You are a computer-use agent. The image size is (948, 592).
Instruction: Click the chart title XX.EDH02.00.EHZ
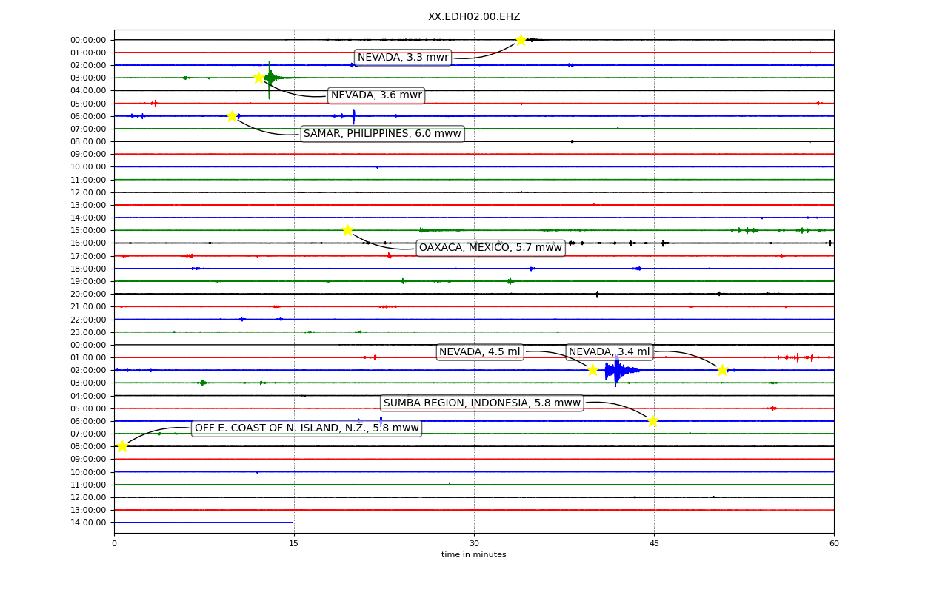pyautogui.click(x=474, y=16)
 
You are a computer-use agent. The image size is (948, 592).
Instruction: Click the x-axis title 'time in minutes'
pyautogui.click(x=473, y=554)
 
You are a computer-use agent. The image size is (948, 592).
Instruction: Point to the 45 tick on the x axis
pyautogui.click(x=654, y=534)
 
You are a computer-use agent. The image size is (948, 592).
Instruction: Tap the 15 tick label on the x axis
pyautogui.click(x=294, y=543)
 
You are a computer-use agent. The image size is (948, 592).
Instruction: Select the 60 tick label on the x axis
pyautogui.click(x=834, y=543)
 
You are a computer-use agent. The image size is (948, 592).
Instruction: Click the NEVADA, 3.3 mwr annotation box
pyautogui.click(x=403, y=57)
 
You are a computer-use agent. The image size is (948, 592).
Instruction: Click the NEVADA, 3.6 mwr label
pyautogui.click(x=376, y=95)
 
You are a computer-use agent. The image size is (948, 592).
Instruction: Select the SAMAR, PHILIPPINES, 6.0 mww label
pyautogui.click(x=383, y=134)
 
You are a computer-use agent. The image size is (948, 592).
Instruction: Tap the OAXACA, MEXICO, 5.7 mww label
pyautogui.click(x=490, y=248)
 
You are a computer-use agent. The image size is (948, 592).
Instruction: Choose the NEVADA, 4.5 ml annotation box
pyautogui.click(x=480, y=351)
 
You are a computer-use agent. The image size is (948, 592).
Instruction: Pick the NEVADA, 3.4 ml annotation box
pyautogui.click(x=610, y=351)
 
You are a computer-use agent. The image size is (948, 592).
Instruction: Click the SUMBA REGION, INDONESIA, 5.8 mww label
pyautogui.click(x=482, y=403)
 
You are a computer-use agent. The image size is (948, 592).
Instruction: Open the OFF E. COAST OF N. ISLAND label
pyautogui.click(x=307, y=428)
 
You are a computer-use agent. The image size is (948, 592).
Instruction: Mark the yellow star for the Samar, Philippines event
pyautogui.click(x=232, y=116)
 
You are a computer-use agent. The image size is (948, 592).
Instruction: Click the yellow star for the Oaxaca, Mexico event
pyautogui.click(x=347, y=230)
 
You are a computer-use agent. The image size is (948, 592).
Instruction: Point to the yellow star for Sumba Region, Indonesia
pyautogui.click(x=652, y=421)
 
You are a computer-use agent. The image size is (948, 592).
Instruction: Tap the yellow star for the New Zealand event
pyautogui.click(x=122, y=446)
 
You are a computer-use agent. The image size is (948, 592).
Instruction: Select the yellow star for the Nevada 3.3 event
pyautogui.click(x=521, y=40)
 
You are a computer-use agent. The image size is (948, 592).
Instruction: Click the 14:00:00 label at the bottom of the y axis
pyautogui.click(x=88, y=523)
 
